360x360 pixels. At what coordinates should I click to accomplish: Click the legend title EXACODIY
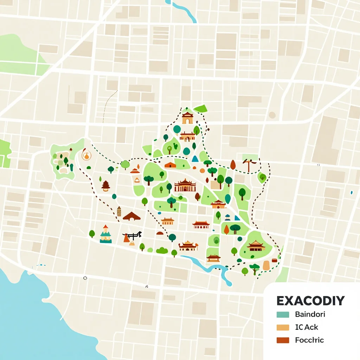point(310,301)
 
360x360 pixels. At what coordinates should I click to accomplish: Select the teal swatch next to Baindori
point(283,314)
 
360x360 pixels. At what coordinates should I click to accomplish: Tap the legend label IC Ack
point(307,327)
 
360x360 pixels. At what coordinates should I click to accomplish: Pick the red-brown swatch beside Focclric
point(283,340)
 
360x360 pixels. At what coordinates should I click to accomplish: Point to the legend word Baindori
point(310,314)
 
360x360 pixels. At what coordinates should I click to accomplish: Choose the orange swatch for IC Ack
point(283,327)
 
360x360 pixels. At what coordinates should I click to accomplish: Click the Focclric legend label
point(309,340)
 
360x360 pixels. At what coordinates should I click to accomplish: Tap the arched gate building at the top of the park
point(187,118)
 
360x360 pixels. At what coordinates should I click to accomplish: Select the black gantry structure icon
point(132,235)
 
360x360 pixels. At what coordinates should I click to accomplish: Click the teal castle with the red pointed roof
point(105,235)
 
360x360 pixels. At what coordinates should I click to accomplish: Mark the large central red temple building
point(185,185)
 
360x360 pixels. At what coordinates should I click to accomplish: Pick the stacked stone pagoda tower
point(119,211)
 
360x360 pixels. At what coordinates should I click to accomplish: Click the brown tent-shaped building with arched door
point(132,216)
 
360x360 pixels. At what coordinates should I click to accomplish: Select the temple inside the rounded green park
point(256,246)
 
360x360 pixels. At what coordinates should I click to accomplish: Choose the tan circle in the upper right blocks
point(272,115)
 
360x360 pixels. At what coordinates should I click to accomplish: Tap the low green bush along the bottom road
point(162,250)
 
